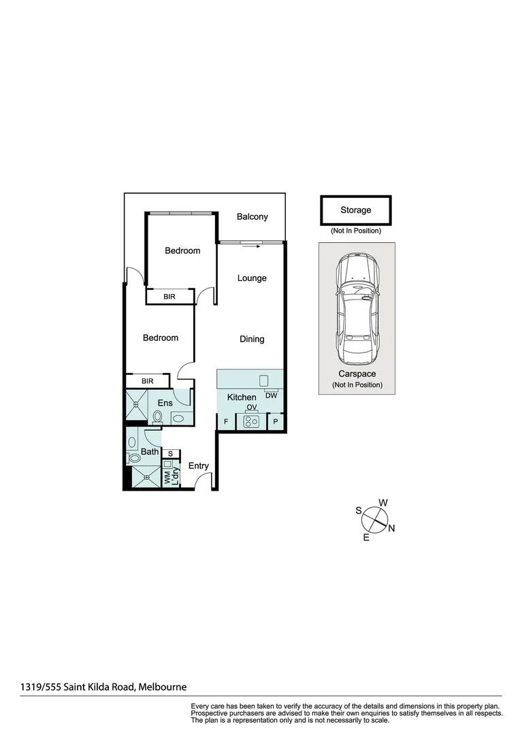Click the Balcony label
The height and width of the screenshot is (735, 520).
pos(252,217)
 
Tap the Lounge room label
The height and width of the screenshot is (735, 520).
pos(252,278)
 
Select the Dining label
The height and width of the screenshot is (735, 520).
pos(252,339)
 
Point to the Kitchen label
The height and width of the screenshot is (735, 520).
pos(242,397)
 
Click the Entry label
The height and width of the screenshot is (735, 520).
pos(198,466)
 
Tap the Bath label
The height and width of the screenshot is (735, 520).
pos(150,451)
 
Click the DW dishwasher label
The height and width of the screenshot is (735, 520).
pos(271,395)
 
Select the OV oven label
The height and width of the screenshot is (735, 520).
pos(251,408)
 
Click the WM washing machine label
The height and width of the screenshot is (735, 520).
pos(167,477)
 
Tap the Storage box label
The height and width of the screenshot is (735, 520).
pos(356,210)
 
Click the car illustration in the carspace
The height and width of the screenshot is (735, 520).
pos(357,310)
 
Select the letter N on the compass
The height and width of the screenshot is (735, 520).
pos(391,528)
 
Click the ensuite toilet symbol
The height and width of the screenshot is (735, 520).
pos(157,417)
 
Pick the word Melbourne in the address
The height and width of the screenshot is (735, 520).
pos(163,687)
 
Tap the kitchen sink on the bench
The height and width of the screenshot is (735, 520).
pos(263,380)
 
